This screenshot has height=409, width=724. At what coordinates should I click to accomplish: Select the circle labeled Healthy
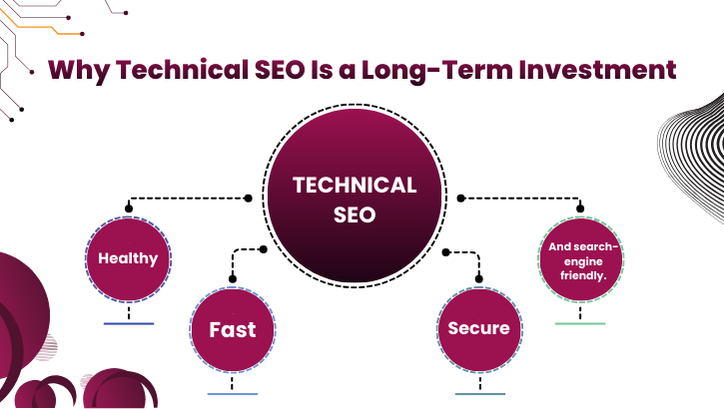click(128, 258)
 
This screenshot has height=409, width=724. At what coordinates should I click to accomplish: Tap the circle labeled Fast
click(232, 329)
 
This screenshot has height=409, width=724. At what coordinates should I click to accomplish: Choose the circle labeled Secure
click(479, 328)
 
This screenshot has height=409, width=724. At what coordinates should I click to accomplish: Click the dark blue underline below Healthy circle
click(128, 324)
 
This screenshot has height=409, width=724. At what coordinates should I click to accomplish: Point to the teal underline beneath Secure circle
click(479, 394)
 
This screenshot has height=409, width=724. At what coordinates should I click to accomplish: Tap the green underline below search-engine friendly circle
click(580, 323)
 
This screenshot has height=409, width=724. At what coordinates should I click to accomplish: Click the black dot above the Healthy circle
click(128, 208)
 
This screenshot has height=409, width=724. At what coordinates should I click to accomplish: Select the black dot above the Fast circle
click(232, 278)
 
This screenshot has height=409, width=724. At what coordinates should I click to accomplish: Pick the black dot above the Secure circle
click(479, 280)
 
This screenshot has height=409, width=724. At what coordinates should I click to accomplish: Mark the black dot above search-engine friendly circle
click(580, 209)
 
